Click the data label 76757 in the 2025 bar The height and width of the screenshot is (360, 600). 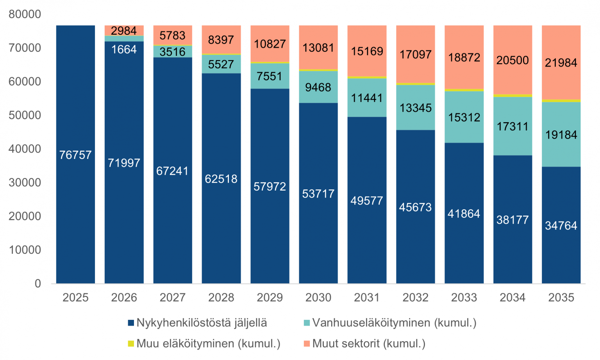[x=75, y=155]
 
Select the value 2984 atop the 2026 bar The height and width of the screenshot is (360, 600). [x=124, y=30]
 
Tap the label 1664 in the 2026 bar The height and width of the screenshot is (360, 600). [x=124, y=50]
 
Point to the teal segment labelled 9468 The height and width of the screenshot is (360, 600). [x=318, y=87]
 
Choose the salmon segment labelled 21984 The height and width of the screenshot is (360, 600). [x=561, y=62]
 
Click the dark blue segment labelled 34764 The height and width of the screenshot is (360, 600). [x=561, y=225]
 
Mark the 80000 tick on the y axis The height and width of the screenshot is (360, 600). [x=25, y=14]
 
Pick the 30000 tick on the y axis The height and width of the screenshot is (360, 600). [x=25, y=183]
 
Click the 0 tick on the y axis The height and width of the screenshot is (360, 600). [x=38, y=283]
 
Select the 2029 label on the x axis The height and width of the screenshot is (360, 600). [x=270, y=298]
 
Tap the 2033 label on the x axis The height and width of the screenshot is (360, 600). [x=464, y=298]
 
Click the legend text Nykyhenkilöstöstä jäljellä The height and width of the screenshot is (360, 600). [x=202, y=323]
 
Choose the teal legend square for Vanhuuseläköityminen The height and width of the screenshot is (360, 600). [x=307, y=323]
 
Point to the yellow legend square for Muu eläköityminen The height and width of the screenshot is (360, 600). [x=131, y=343]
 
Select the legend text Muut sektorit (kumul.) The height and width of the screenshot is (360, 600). [x=369, y=344]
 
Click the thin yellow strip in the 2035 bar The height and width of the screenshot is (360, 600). [x=561, y=101]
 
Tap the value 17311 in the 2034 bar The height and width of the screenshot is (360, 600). [x=512, y=127]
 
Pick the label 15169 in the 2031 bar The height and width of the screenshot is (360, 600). [x=367, y=51]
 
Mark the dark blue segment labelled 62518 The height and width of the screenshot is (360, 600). [x=221, y=178]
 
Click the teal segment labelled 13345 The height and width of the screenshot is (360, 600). [x=416, y=108]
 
